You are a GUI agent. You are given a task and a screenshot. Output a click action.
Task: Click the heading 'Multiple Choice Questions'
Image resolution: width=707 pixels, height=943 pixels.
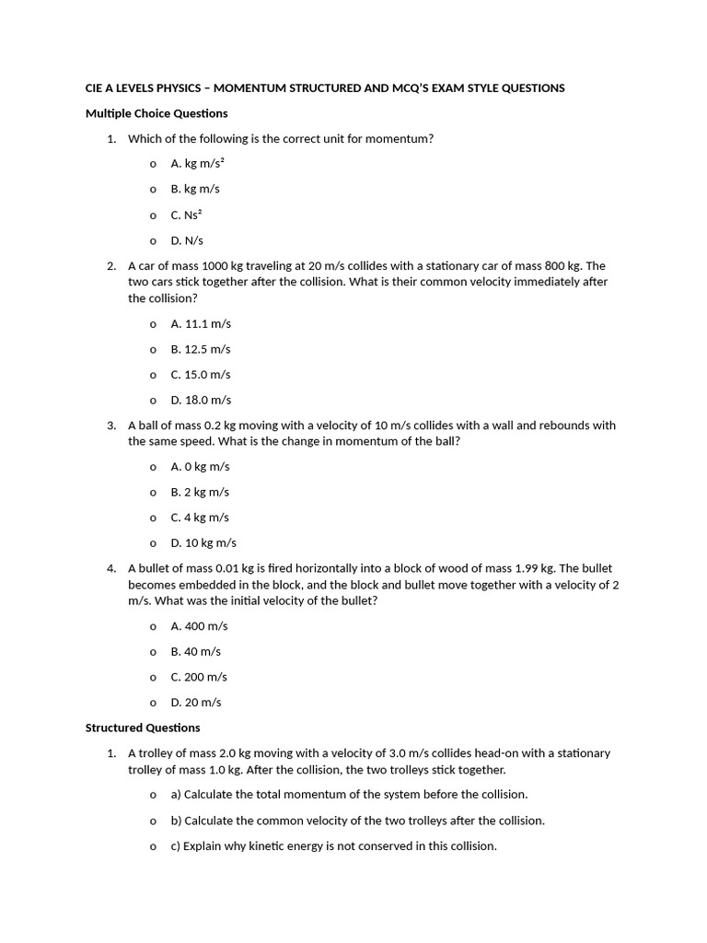(x=156, y=113)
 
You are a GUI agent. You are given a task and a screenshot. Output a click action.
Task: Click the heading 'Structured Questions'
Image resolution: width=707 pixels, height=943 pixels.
(x=143, y=728)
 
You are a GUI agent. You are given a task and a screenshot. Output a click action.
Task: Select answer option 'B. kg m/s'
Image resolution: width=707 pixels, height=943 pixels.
(x=195, y=189)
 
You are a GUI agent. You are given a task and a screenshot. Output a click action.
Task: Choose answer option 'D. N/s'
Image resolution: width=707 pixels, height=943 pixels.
(x=187, y=240)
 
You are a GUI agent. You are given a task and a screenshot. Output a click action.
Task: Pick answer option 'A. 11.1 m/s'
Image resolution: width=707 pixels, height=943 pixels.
(x=201, y=324)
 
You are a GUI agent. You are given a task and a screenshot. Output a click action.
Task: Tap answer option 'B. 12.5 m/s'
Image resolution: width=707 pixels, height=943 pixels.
(x=201, y=349)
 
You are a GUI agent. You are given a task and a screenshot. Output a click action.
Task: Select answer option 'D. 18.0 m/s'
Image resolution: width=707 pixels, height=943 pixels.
(x=201, y=401)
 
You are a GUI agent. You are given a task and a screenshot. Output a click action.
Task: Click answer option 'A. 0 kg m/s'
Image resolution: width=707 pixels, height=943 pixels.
(x=200, y=467)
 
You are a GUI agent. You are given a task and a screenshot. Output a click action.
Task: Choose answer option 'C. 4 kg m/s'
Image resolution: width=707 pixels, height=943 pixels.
(x=200, y=518)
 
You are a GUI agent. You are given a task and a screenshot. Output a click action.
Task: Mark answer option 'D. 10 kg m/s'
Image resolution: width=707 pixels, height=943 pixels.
(x=203, y=543)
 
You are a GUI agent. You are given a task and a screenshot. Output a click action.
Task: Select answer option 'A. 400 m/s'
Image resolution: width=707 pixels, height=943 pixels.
(x=200, y=626)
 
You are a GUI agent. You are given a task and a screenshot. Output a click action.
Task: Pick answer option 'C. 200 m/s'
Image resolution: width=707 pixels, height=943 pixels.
(x=200, y=677)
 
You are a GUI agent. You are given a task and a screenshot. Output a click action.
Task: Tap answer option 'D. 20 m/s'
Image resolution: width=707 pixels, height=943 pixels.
(x=196, y=703)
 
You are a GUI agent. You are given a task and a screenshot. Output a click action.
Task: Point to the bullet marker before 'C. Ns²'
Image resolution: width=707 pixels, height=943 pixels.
(x=153, y=215)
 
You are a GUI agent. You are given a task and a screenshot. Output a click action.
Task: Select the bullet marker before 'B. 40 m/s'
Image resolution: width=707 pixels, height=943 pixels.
(x=153, y=652)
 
